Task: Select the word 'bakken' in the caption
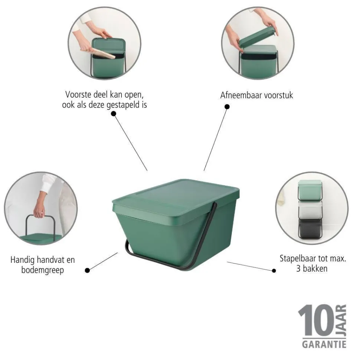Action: (317, 268)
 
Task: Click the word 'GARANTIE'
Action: (324, 344)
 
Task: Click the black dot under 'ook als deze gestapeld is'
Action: (114, 114)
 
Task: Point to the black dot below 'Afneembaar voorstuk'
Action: (227, 107)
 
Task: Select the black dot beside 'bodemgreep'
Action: (87, 271)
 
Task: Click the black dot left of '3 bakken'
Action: (274, 271)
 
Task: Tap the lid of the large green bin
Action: (176, 197)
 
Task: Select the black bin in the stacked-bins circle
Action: (310, 228)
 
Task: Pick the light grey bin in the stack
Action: (310, 210)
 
